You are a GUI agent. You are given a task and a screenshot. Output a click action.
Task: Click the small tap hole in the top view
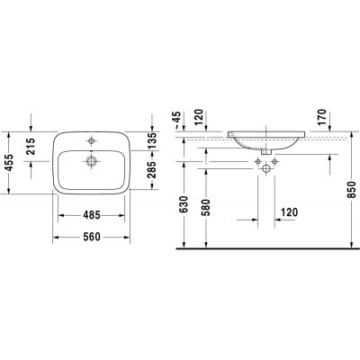point(91,142)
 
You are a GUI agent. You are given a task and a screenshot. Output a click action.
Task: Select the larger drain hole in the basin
point(91,162)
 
